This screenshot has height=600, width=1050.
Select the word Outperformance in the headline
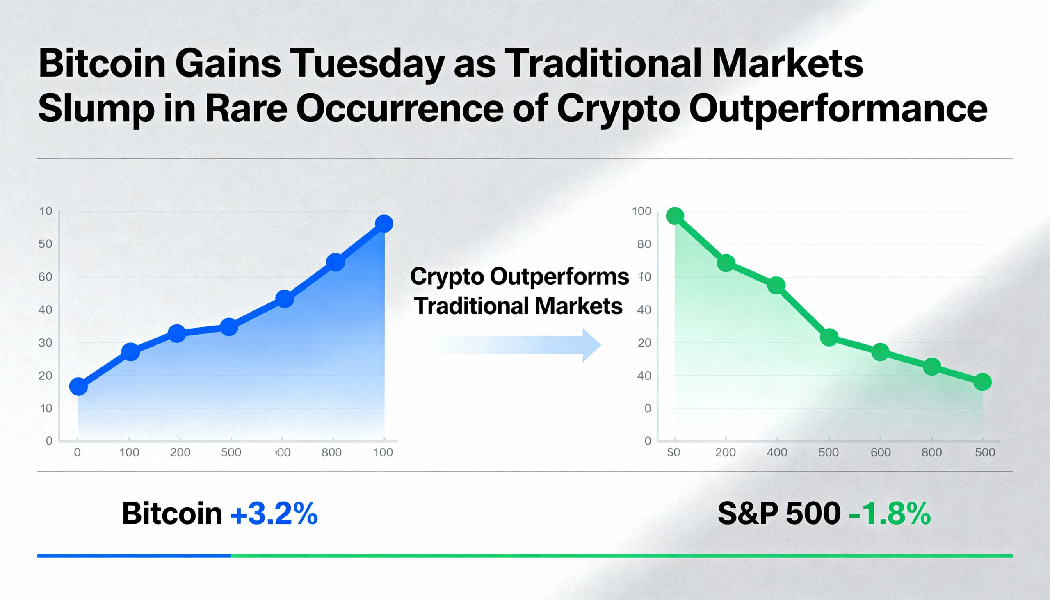click(838, 109)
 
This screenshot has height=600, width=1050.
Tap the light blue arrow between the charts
click(519, 345)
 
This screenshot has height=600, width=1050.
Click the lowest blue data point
click(78, 387)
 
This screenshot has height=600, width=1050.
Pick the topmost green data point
click(675, 216)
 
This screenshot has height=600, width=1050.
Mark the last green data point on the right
click(982, 382)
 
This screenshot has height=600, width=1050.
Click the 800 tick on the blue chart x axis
click(331, 452)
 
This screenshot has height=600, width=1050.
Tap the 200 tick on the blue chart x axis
click(180, 452)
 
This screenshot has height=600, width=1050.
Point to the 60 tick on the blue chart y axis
click(46, 277)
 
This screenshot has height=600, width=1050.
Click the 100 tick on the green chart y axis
click(641, 211)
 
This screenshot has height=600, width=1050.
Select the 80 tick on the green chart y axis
click(644, 244)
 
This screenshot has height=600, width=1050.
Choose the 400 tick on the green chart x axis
click(777, 452)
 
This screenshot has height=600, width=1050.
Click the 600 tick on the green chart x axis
click(881, 452)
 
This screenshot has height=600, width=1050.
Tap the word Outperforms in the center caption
click(559, 276)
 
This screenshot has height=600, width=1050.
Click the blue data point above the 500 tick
click(229, 327)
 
